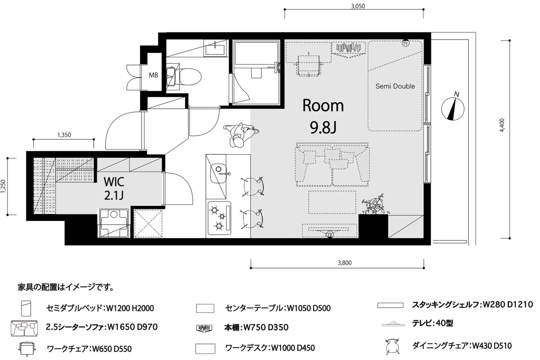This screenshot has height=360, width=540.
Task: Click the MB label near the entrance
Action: pyautogui.click(x=153, y=75)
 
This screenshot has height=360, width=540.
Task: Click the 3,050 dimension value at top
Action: pyautogui.click(x=358, y=6)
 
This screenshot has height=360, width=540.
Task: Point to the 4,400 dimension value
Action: pyautogui.click(x=502, y=125)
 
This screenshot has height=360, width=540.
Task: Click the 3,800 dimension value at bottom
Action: pyautogui.click(x=344, y=263)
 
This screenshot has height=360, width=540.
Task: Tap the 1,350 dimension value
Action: pyautogui.click(x=64, y=135)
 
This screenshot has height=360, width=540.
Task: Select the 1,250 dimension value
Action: pyautogui.click(x=3, y=186)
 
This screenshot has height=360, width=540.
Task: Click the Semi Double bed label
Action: pyautogui.click(x=395, y=86)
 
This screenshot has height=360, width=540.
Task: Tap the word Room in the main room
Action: pyautogui.click(x=323, y=106)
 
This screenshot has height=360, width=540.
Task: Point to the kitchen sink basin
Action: pyautogui.click(x=218, y=173)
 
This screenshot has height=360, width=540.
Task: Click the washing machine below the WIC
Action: pyautogui.click(x=114, y=223)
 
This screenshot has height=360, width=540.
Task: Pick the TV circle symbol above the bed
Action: pyautogui.click(x=406, y=43)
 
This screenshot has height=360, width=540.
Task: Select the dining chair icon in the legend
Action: pyautogui.click(x=392, y=347)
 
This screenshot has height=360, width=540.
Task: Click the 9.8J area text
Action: pyautogui.click(x=323, y=127)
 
